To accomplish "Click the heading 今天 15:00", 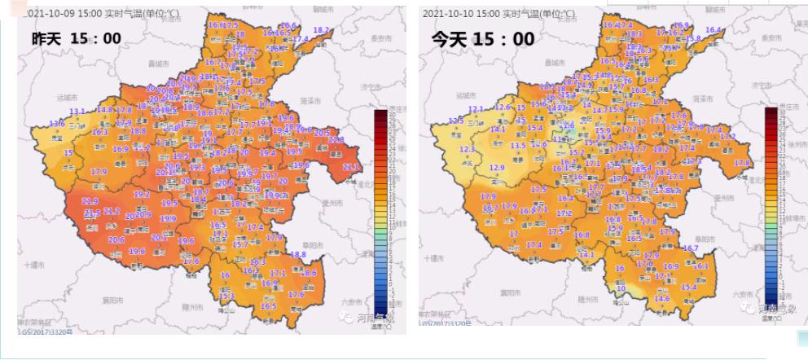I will [x=482, y=39].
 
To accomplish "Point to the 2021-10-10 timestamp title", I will [x=498, y=14].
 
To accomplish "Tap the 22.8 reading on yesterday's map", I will [x=336, y=139].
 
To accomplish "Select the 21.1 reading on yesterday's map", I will [x=351, y=167].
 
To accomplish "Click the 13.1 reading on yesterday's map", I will [x=77, y=112].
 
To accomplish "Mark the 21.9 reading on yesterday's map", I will [x=90, y=200].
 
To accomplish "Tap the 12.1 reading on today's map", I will [x=476, y=109].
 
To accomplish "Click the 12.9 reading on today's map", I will [x=497, y=168].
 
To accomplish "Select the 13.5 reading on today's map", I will [x=518, y=145].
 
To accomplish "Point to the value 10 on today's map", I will [x=621, y=288].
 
